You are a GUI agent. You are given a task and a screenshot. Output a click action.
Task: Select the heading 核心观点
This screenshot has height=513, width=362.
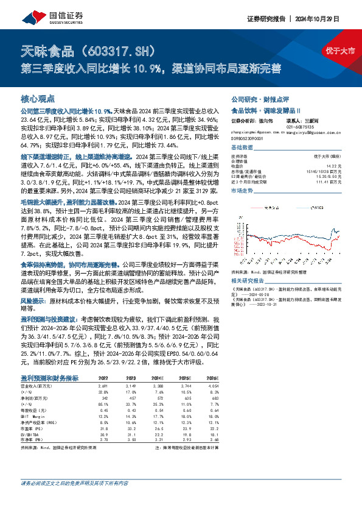coord(38,98)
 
